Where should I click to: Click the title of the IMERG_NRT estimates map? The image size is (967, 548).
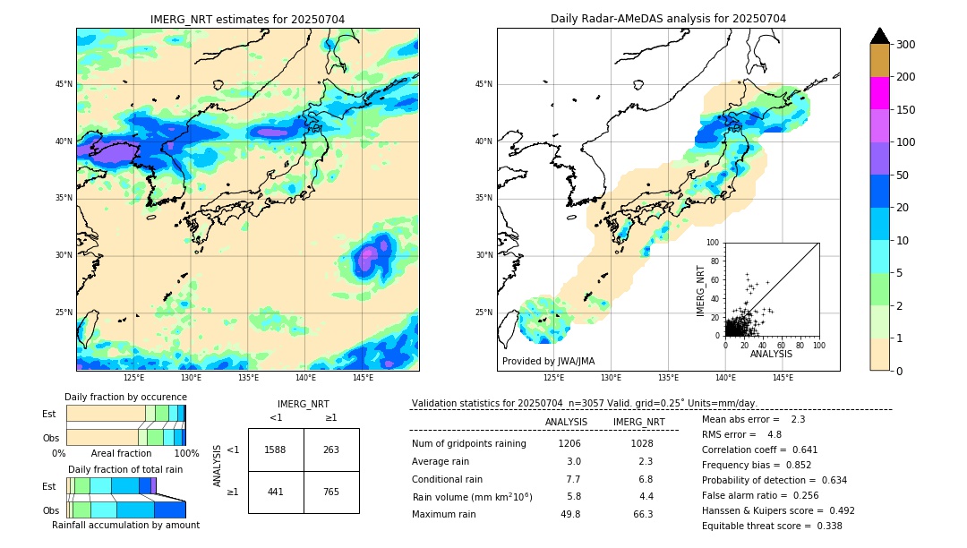coord(247,19)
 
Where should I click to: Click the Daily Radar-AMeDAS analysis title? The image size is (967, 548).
coord(668,19)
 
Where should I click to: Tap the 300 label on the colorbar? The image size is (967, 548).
coord(906,45)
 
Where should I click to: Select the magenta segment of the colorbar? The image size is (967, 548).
coord(879,93)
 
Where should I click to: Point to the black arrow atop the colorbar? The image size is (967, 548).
coord(879,36)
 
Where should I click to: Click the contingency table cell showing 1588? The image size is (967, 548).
coord(276,450)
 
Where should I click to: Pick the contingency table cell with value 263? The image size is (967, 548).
coord(331,450)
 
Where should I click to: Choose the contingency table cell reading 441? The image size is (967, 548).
coord(276,491)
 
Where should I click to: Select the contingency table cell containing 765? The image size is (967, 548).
coord(331,491)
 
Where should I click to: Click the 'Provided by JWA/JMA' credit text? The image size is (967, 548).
coord(548,361)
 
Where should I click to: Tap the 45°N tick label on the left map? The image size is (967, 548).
coord(64,84)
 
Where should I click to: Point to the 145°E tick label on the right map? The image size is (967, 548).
coord(783,378)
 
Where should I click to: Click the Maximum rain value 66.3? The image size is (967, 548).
coord(643,514)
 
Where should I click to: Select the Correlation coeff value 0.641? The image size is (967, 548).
coord(802,450)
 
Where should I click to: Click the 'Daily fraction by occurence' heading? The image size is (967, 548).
coord(125,397)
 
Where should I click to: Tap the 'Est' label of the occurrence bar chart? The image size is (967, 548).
coord(49,414)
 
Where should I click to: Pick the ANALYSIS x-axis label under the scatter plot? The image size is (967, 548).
coord(771,354)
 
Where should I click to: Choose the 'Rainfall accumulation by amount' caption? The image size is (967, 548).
coord(125,525)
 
